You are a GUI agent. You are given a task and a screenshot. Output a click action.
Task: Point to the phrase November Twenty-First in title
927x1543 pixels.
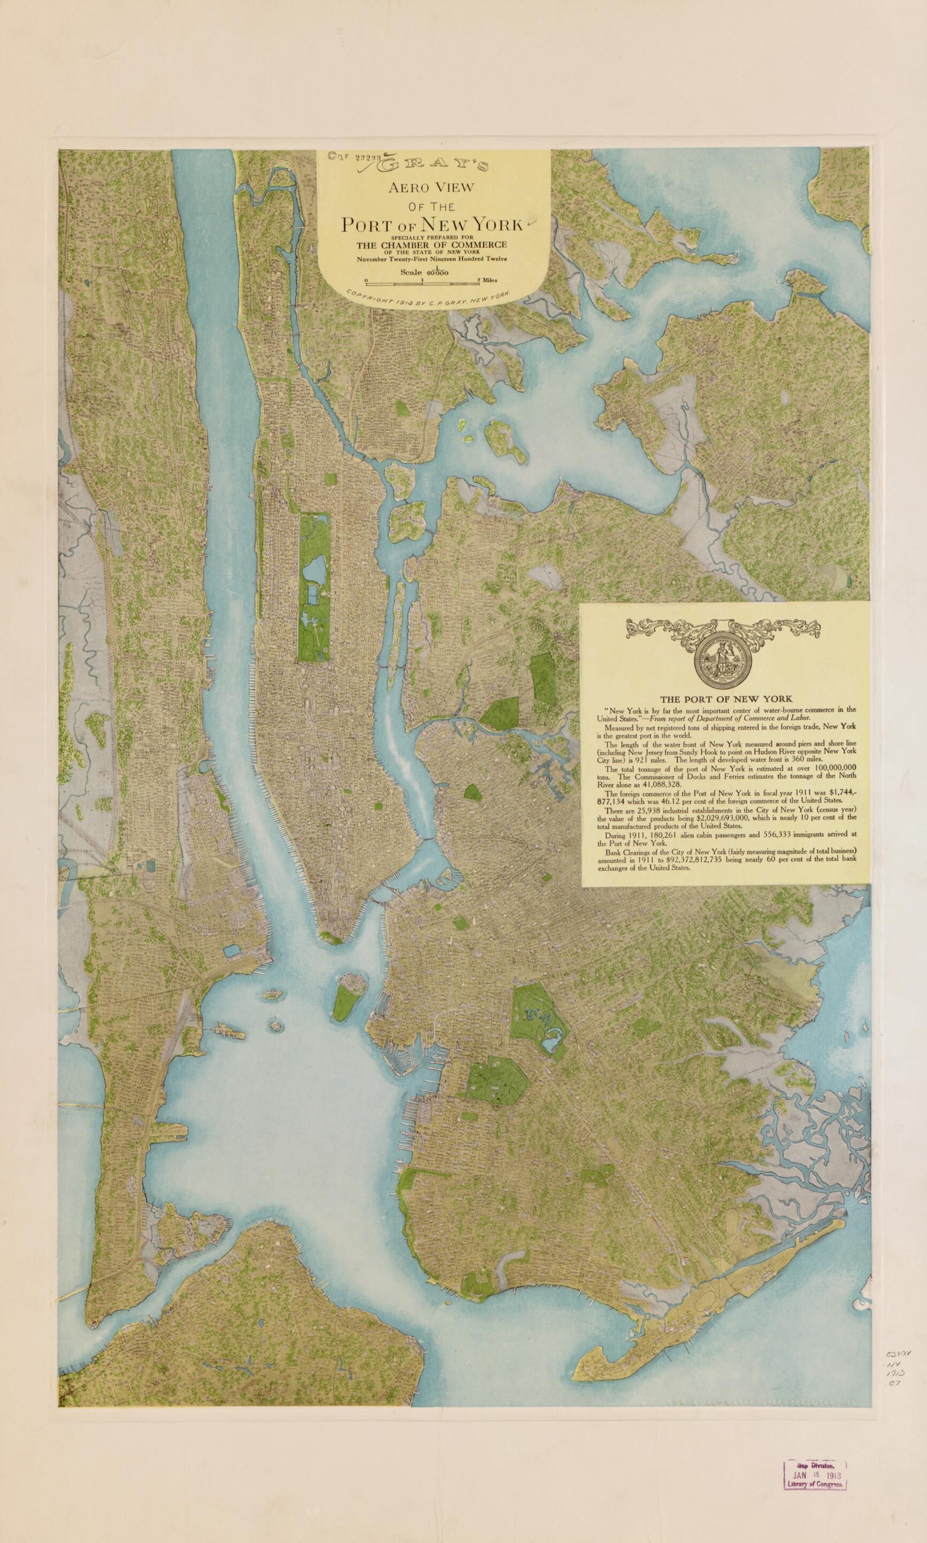pyautogui.click(x=386, y=258)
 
